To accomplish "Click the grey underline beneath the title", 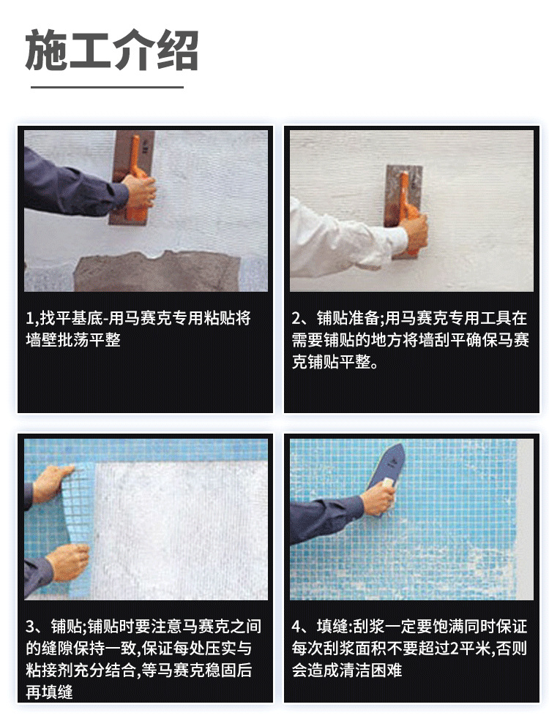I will tap(106, 86).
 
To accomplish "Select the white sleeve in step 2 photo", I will tap(337, 238).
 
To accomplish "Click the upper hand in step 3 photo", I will tap(51, 483).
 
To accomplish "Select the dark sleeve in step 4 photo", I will tap(326, 519).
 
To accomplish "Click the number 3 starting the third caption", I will tap(30, 627).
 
